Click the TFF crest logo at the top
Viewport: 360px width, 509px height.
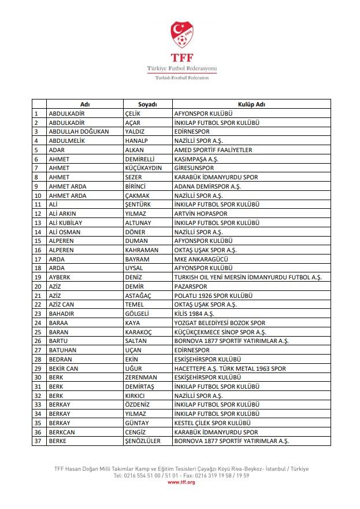click(182, 36)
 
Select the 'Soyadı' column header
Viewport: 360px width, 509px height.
click(148, 104)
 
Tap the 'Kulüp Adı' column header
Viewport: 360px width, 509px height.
click(251, 104)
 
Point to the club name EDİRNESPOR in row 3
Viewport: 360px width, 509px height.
click(192, 131)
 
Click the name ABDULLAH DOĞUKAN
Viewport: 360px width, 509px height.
click(79, 131)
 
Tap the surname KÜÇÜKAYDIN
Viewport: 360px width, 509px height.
click(143, 168)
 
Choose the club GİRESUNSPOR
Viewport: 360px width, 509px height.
click(194, 168)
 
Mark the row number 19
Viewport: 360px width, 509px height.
click(38, 277)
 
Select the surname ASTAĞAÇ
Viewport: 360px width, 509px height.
click(138, 296)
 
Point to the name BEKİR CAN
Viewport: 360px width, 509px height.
click(64, 368)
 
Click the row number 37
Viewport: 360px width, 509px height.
click(38, 441)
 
